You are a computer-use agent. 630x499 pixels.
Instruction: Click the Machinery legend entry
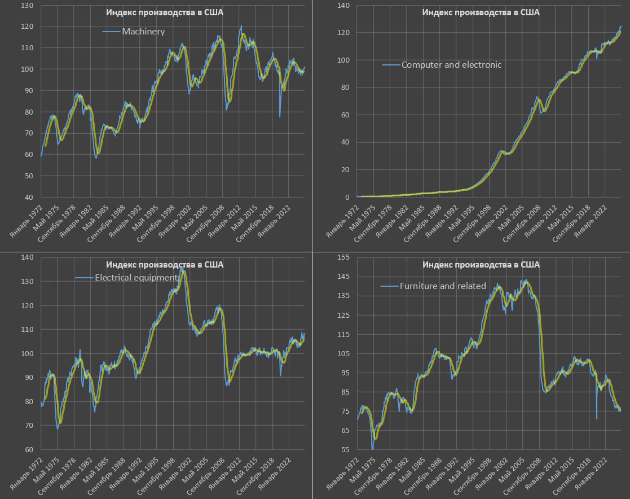click(143, 32)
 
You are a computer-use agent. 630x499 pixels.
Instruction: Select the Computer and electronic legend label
click(451, 65)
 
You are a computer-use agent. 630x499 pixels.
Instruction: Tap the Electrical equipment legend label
click(136, 278)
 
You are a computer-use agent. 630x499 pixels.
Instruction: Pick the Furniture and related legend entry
click(443, 286)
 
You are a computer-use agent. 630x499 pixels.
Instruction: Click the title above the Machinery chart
click(165, 13)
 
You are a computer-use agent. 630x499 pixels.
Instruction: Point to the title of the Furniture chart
click(481, 265)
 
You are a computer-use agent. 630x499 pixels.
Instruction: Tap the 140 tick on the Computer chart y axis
click(343, 6)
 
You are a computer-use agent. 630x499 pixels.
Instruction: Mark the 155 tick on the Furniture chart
click(343, 257)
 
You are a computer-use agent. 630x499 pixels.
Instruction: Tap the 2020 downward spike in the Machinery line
click(280, 116)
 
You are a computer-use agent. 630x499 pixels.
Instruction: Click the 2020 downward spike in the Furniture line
click(597, 418)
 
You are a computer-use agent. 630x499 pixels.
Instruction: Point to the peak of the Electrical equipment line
click(182, 269)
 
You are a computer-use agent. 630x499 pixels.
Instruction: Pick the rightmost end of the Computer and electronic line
click(621, 26)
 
